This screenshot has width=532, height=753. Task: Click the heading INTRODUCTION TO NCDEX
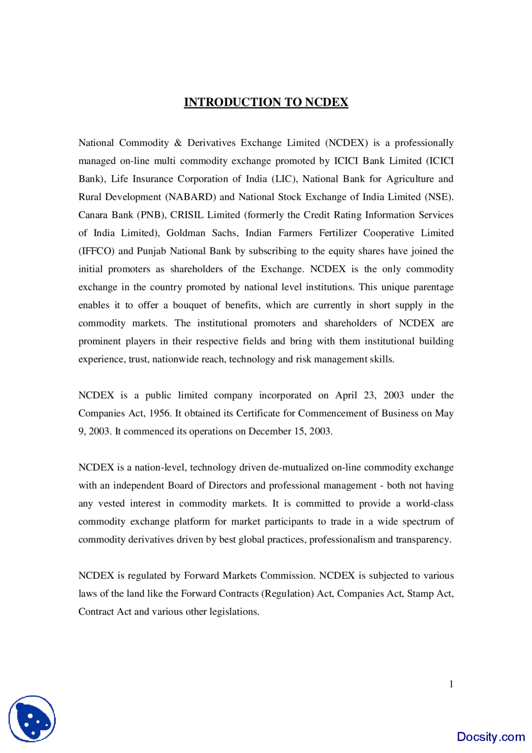pyautogui.click(x=266, y=102)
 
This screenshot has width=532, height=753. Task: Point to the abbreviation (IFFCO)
pyautogui.click(x=96, y=251)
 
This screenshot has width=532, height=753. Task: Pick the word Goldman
pyautogui.click(x=186, y=233)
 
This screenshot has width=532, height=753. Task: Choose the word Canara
pyautogui.click(x=94, y=215)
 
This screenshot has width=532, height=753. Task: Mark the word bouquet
pyautogui.click(x=190, y=305)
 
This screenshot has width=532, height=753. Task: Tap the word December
pyautogui.click(x=270, y=432)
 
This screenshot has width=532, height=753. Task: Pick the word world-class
pyautogui.click(x=430, y=504)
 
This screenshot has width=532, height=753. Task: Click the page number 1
pyautogui.click(x=451, y=684)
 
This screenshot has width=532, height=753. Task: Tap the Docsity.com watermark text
pyautogui.click(x=490, y=737)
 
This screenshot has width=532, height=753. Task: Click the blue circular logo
pyautogui.click(x=32, y=719)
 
